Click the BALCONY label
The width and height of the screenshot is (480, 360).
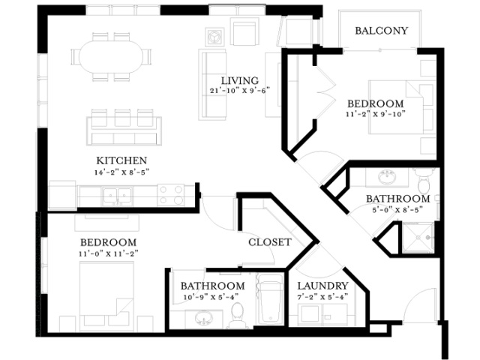382,31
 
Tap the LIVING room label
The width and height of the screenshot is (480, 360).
240,81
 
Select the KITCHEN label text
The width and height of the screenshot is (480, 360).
121,160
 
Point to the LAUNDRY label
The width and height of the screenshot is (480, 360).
323,286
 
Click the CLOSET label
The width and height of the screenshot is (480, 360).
270,242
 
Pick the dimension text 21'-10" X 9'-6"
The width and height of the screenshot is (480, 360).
240,91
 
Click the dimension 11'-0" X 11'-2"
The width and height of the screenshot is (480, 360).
108,253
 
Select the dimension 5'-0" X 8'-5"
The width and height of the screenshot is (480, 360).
397,210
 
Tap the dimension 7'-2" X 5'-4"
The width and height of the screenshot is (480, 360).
322,297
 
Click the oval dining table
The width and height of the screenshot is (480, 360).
112,57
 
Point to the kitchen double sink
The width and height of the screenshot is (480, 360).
117,196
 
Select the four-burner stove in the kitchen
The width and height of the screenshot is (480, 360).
171,195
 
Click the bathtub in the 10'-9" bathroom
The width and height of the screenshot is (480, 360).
270,298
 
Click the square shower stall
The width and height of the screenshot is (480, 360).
418,238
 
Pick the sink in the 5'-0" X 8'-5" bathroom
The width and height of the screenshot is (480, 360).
388,177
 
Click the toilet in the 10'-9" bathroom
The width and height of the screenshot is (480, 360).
237,315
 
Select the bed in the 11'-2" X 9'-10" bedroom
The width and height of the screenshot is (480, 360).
402,107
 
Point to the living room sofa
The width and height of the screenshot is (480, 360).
212,85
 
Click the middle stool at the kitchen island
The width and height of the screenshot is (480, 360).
122,118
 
